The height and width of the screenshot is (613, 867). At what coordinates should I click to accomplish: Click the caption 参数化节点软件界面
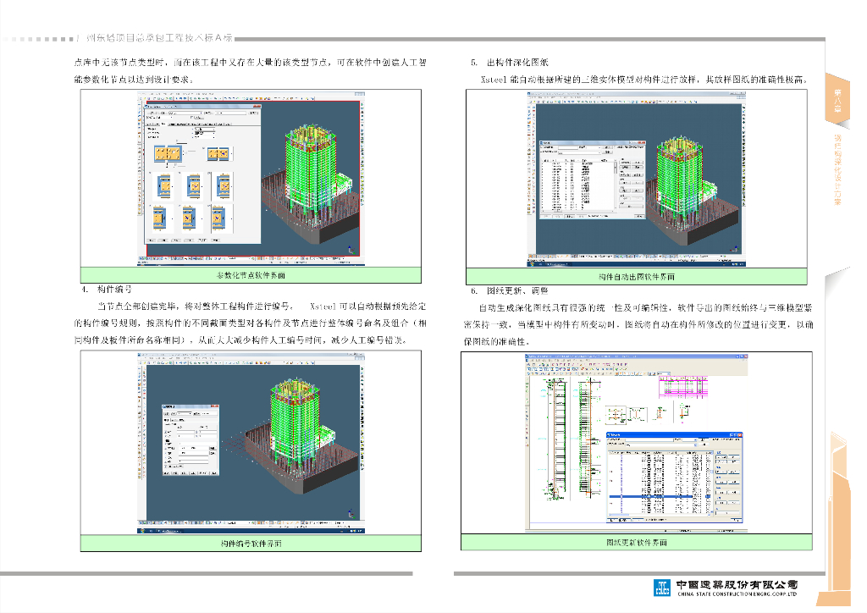pos(251,276)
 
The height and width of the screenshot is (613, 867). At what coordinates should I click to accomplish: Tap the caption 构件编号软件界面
pos(251,543)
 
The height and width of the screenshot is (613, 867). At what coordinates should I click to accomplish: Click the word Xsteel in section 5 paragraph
pos(493,79)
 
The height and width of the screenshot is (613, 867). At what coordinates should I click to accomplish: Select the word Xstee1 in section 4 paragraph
pos(324,306)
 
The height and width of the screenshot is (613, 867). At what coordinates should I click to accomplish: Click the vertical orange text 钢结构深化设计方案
pos(837,169)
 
